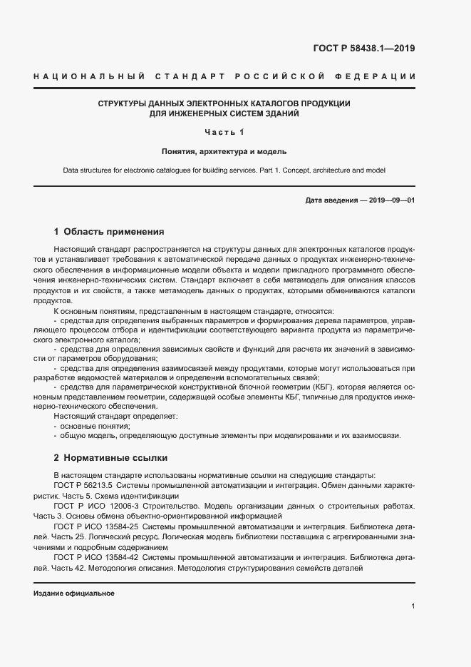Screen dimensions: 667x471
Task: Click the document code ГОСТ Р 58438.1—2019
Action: [x=364, y=49]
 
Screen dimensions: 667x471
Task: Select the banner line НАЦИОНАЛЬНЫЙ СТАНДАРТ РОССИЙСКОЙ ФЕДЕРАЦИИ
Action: [x=224, y=76]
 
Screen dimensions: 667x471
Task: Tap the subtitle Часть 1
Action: [x=224, y=132]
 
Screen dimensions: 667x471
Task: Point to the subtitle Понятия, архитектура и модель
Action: [x=224, y=151]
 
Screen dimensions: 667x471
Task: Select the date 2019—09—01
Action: [x=391, y=200]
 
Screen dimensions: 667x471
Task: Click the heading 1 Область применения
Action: [x=109, y=232]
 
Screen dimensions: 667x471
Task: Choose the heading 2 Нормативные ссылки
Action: [x=110, y=457]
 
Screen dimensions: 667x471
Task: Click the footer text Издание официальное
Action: [x=74, y=593]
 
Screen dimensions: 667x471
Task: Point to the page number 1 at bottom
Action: [x=413, y=606]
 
